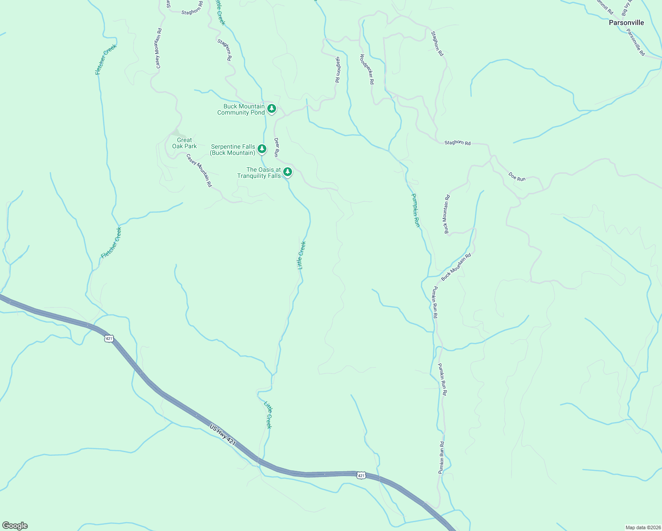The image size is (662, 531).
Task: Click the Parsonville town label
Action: point(626,23)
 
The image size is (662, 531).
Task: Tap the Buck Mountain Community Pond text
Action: point(241,109)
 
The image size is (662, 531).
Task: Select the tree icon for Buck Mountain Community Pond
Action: point(272,108)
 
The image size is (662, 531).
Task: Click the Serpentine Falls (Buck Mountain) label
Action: point(233,150)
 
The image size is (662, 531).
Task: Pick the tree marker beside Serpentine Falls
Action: point(262,149)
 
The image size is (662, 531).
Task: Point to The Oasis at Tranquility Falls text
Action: point(259,173)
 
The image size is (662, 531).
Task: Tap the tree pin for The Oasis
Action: point(288,172)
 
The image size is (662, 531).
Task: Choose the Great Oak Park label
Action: point(185,143)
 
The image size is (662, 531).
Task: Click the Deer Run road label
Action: point(276,147)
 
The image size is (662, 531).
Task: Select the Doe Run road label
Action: point(517,177)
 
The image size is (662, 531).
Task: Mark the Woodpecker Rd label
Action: point(367,69)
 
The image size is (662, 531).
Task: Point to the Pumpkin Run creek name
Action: point(416,210)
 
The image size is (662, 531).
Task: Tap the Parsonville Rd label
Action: point(635,42)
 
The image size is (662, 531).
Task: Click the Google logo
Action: point(15,526)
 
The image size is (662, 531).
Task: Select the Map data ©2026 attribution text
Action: point(642,527)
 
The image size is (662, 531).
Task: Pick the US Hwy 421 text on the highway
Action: point(223,435)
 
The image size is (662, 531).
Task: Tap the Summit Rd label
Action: point(604,6)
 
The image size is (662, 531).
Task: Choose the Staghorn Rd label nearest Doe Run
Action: point(458,142)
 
